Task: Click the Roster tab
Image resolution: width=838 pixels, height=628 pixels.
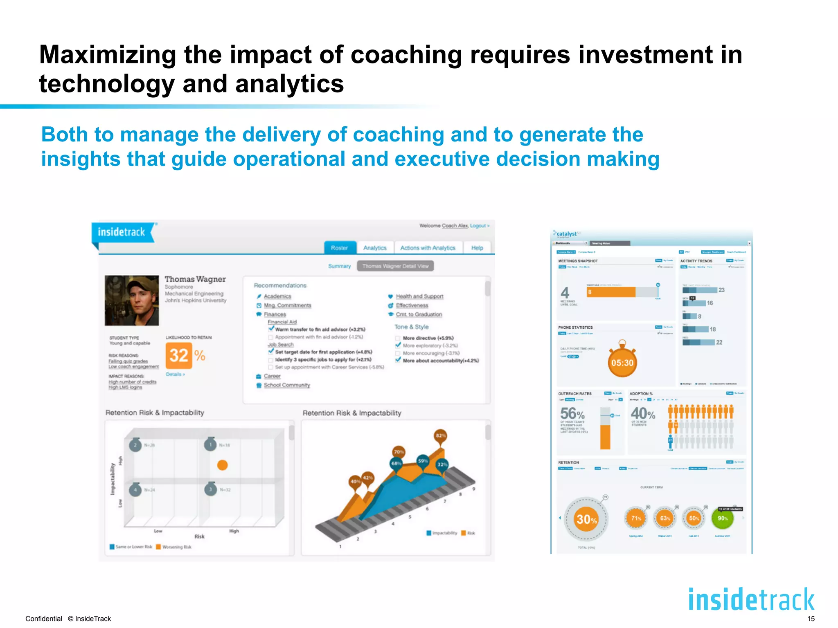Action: coord(339,248)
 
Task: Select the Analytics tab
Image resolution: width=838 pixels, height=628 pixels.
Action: coord(375,248)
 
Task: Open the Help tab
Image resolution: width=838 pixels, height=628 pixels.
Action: coord(477,248)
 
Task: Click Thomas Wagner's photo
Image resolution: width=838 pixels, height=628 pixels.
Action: coord(132,301)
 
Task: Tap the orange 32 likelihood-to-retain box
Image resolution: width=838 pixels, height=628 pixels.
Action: coord(178,355)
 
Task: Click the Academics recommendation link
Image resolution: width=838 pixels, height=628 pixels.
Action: coord(277,296)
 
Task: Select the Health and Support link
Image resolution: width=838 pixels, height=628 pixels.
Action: coord(419,296)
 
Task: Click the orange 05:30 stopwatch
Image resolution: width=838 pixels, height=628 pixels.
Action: coord(622,362)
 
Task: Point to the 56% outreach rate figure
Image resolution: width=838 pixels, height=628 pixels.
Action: coord(572,413)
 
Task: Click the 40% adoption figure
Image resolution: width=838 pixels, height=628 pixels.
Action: coord(642,413)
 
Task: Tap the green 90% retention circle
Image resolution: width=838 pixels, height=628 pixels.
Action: coord(723,518)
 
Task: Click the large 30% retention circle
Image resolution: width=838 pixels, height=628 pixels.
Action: coord(586,519)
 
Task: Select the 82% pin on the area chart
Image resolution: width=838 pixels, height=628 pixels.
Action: coord(441,436)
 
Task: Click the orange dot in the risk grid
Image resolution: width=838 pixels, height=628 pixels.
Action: coord(222,465)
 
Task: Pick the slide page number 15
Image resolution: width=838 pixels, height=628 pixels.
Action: coord(811,619)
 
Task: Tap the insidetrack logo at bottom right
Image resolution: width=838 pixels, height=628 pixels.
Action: coord(751,600)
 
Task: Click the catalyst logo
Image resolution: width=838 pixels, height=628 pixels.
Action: coord(566,234)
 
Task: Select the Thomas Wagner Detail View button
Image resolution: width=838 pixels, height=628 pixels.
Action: coord(395,266)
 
